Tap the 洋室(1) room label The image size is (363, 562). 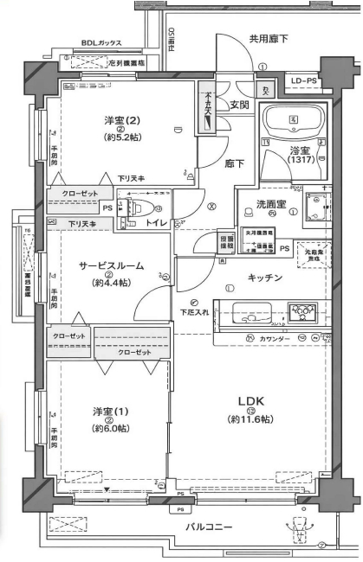point(110,411)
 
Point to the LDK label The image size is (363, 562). point(251,400)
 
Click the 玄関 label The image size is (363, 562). point(238,105)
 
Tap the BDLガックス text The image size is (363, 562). point(101,42)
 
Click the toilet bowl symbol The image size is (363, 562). point(140,208)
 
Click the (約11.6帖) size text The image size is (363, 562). point(251,418)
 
